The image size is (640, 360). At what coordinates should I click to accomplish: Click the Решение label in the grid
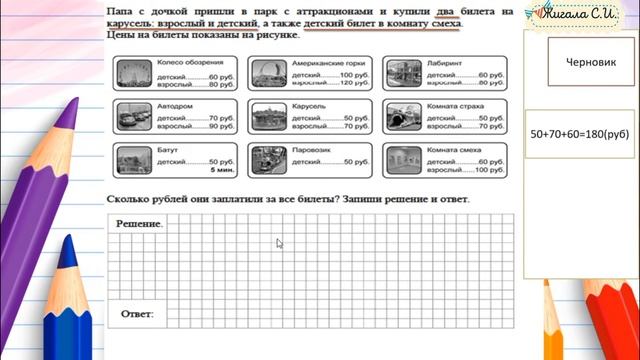point(139,224)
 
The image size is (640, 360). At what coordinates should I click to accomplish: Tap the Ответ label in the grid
point(136,315)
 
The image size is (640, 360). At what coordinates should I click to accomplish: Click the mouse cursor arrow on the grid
point(279,242)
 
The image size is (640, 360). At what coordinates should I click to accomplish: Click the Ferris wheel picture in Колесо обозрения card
point(129,74)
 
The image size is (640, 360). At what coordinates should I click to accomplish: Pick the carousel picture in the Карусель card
point(265,116)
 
